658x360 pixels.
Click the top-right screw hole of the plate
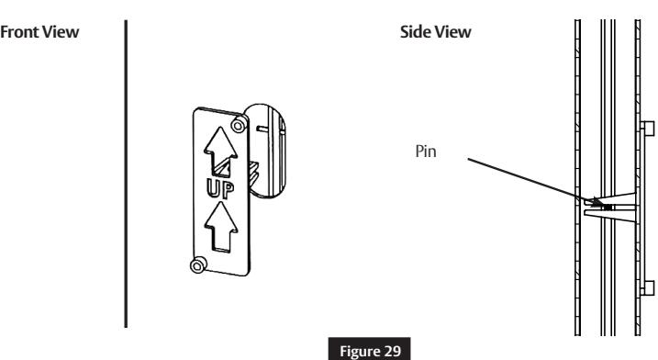tap(240, 123)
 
